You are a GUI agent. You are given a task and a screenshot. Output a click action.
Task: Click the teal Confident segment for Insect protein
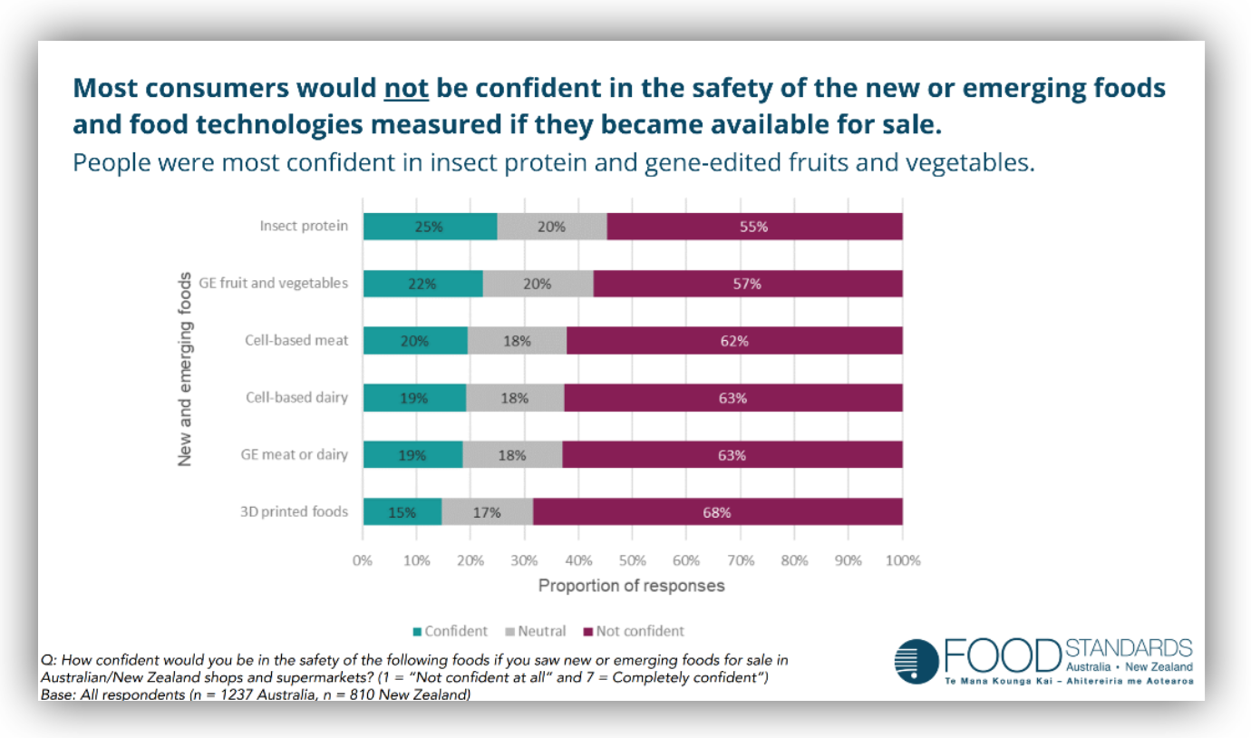click(430, 227)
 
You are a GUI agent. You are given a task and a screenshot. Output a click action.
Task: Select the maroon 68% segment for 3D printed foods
click(717, 512)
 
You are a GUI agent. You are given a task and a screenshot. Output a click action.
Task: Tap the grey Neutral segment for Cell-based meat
click(517, 341)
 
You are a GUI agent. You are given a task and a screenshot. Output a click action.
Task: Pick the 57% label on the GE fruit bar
click(748, 284)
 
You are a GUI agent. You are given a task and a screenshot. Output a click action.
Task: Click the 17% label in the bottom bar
click(487, 512)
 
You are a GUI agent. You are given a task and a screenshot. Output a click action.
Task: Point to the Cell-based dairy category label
click(296, 397)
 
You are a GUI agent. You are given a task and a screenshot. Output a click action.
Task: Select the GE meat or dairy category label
click(295, 454)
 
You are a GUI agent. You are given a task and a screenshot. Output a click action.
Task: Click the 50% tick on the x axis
click(632, 560)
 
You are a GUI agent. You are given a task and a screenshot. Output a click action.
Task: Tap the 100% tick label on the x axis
click(902, 560)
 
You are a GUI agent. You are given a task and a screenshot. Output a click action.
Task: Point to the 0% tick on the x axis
click(363, 560)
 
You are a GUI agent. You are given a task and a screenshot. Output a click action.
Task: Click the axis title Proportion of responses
click(632, 586)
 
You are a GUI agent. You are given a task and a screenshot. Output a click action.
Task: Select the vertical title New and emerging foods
click(185, 369)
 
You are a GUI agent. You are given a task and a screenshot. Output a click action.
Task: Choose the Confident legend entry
click(450, 631)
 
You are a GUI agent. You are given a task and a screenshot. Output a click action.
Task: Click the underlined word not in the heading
click(406, 89)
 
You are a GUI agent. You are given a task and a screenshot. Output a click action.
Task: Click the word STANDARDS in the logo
click(1130, 648)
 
